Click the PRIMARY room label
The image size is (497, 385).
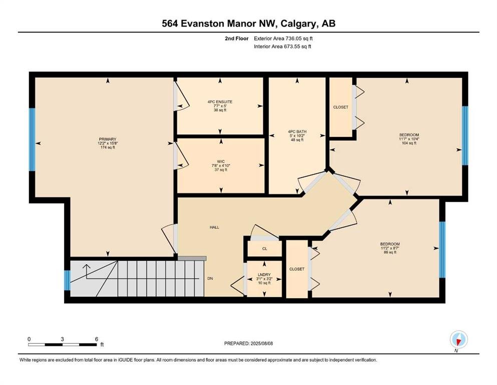coord(108,139)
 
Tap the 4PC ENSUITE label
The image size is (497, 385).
coord(220,102)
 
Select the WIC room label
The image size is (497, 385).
coord(221,161)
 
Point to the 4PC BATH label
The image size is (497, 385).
coord(297,131)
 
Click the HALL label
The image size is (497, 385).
coord(214,227)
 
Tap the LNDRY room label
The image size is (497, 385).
coord(264,275)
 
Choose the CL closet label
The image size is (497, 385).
coord(265,249)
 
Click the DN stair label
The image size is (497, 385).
coord(210,278)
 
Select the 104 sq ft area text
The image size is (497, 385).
coord(409,143)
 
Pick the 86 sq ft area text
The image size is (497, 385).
coord(390,252)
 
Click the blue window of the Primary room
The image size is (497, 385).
coord(32,140)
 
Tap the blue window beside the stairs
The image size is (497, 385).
coord(67,280)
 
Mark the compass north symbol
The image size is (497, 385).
coord(458,340)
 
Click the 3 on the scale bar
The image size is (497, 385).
coord(63,339)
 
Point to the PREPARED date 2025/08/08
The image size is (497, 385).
coord(261,343)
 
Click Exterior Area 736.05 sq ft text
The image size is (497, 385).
coord(283,39)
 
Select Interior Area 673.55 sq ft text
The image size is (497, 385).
coord(282,47)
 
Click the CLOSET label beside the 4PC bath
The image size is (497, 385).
coord(341,107)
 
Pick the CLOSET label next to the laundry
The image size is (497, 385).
coord(297,269)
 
